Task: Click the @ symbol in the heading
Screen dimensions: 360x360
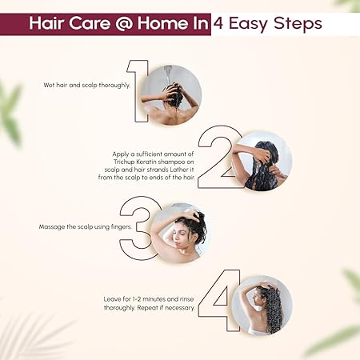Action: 124,23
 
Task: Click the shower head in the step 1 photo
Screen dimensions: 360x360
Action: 167,70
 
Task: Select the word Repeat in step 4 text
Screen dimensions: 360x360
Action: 148,308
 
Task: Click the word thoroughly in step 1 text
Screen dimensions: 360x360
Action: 114,86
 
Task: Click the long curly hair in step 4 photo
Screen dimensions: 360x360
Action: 272,310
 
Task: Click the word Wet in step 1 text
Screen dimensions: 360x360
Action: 49,86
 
